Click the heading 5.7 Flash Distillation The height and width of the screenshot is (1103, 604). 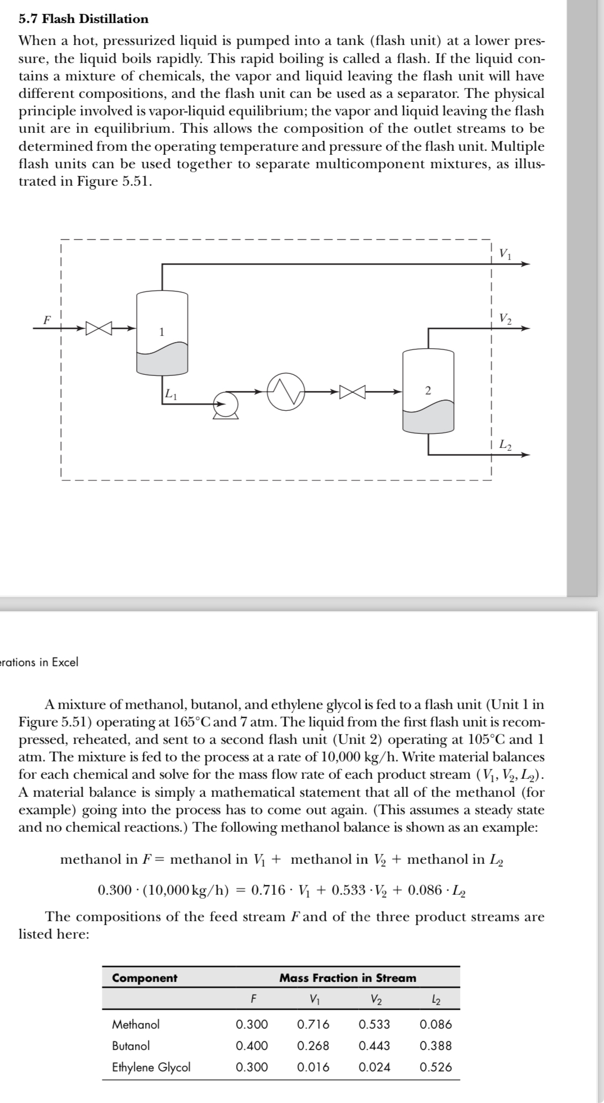click(x=84, y=19)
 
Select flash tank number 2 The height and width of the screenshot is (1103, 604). click(x=428, y=391)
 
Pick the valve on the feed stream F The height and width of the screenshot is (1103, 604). click(x=99, y=328)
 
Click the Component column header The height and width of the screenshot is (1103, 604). click(x=145, y=978)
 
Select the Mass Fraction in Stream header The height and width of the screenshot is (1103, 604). click(x=348, y=978)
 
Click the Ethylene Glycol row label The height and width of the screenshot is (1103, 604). click(x=151, y=1066)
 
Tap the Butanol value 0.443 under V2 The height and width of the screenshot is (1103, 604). click(x=374, y=1045)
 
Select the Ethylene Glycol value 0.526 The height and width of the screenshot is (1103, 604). click(x=435, y=1066)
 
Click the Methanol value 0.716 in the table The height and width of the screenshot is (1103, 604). click(x=313, y=1024)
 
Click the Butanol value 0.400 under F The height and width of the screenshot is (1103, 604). click(x=252, y=1045)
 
